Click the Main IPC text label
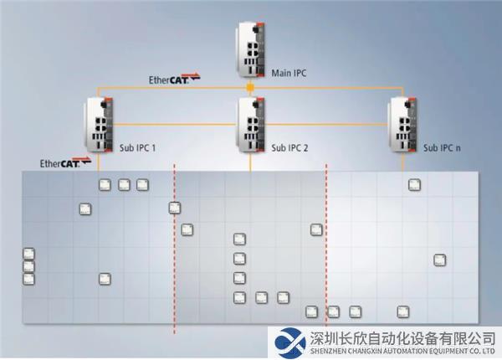click(x=289, y=73)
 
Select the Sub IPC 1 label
click(x=138, y=147)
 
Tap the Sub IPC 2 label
click(x=289, y=147)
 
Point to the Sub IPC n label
click(x=442, y=147)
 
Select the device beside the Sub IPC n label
click(x=404, y=126)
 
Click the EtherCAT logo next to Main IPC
click(x=174, y=80)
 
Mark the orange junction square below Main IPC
click(x=250, y=88)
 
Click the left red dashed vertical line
click(x=174, y=251)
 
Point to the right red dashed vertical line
click(x=326, y=251)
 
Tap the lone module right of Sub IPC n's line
click(x=440, y=260)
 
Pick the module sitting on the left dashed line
click(x=175, y=208)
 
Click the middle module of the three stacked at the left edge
click(x=29, y=267)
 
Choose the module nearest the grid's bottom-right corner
click(x=403, y=311)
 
